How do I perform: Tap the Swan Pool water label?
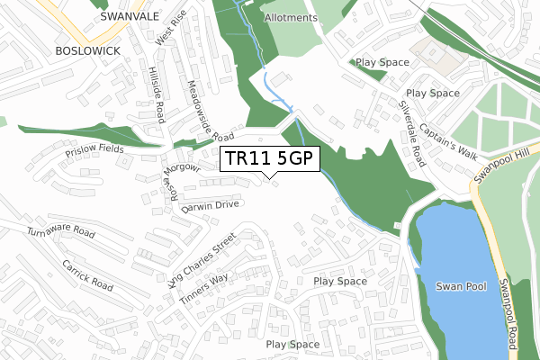(x=461, y=286)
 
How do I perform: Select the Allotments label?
(x=291, y=18)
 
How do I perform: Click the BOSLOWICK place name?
(x=86, y=50)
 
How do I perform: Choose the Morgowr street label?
(x=182, y=166)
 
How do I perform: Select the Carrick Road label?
(x=88, y=275)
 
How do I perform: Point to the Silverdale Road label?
(x=412, y=131)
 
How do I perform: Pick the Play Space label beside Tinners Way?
(x=340, y=282)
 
